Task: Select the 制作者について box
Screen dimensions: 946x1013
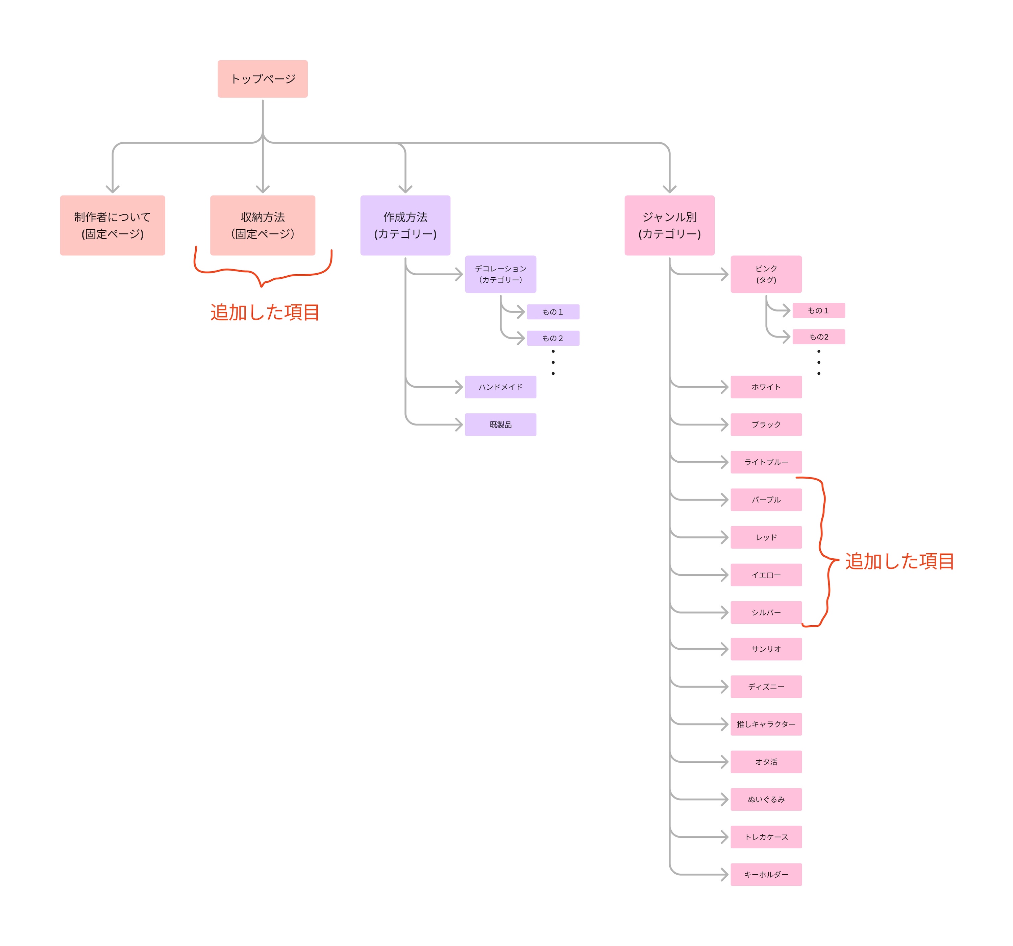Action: coord(112,225)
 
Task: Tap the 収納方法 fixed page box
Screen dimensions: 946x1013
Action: coord(263,225)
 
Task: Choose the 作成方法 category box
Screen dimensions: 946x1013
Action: coord(405,225)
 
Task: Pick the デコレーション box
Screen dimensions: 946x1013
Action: coord(500,274)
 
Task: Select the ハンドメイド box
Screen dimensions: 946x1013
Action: coord(500,387)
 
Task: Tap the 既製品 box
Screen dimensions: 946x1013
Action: coord(500,424)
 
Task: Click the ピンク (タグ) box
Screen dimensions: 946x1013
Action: coord(766,274)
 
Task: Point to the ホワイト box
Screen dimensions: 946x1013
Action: coord(766,387)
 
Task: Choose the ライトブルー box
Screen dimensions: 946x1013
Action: coord(766,462)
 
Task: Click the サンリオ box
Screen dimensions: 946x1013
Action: coord(766,649)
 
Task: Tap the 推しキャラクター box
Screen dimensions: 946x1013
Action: coord(766,724)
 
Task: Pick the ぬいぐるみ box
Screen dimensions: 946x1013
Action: coord(766,799)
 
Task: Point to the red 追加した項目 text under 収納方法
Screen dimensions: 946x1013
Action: coord(265,312)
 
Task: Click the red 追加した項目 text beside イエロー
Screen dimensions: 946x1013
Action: coord(899,561)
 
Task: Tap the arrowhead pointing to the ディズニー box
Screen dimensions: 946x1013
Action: coord(724,687)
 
